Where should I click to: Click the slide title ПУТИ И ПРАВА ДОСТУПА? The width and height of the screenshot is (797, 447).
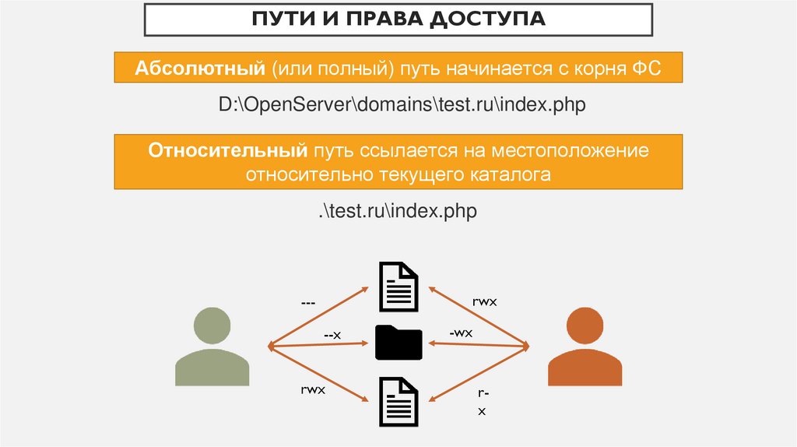click(398, 19)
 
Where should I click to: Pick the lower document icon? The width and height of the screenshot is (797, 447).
click(398, 399)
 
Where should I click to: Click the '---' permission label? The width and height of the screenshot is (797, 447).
click(308, 300)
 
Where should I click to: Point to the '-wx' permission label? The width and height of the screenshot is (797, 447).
click(461, 333)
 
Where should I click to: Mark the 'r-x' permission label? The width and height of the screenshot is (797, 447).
click(481, 403)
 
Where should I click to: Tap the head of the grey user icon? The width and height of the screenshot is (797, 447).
click(212, 325)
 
